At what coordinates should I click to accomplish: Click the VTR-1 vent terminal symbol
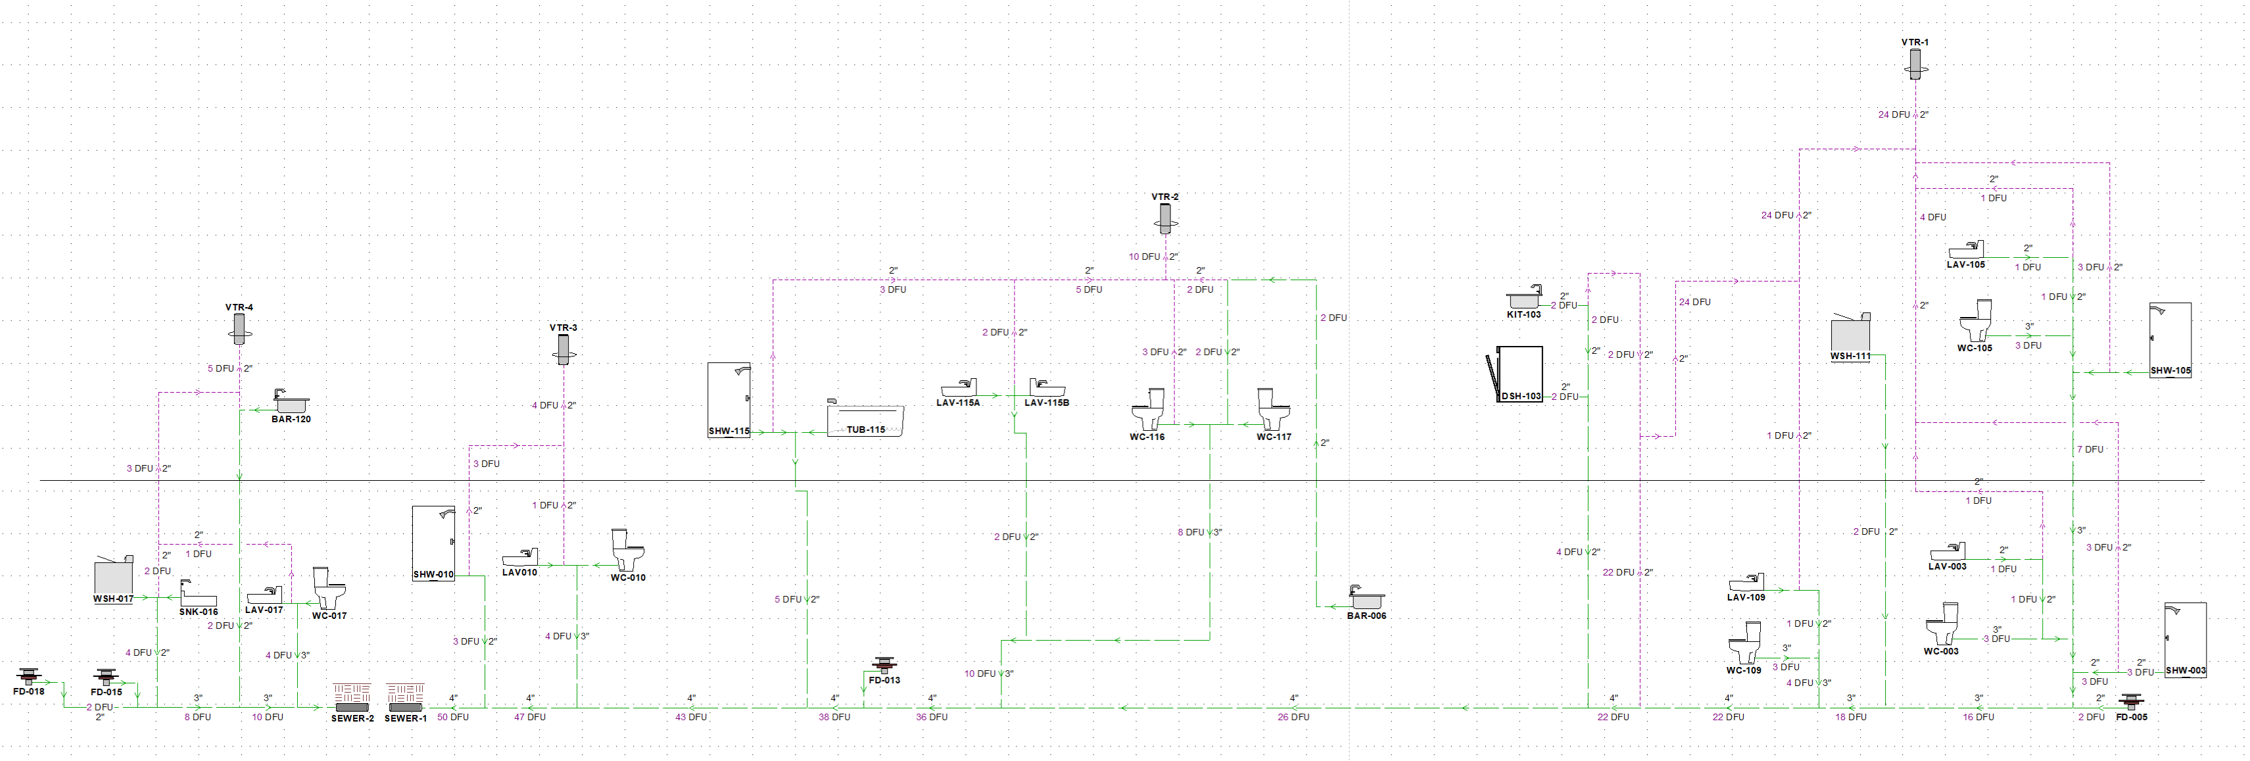point(1915,63)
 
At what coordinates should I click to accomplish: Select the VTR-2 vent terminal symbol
point(1164,218)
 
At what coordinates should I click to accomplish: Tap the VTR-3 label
point(563,328)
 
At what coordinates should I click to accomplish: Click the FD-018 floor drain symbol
point(29,675)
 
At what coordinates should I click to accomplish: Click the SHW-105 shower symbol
point(2170,339)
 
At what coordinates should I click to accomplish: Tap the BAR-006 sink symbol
point(1366,598)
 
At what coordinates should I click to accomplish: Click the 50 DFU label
point(452,718)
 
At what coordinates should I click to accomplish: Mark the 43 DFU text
point(691,718)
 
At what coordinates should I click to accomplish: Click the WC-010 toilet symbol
point(627,550)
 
